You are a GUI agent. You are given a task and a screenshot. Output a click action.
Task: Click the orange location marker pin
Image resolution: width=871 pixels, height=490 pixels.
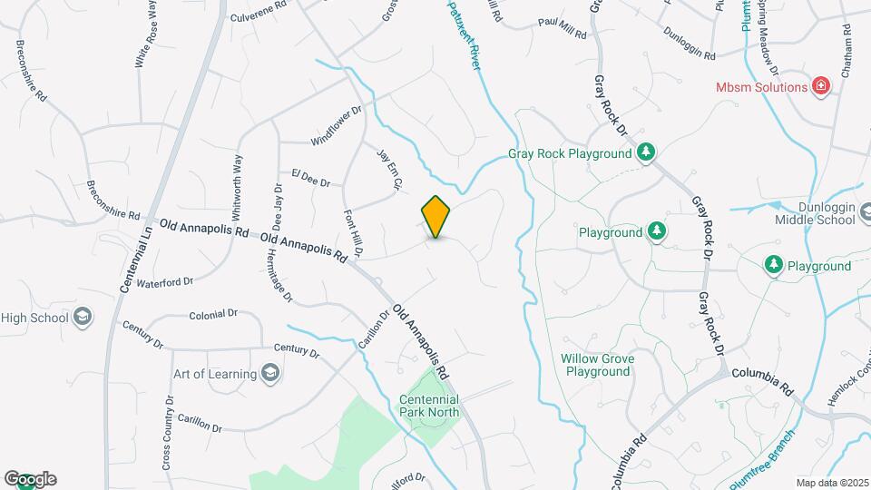pos(436,217)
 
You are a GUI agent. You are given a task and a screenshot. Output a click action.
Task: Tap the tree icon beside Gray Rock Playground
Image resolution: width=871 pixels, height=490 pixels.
pos(646,152)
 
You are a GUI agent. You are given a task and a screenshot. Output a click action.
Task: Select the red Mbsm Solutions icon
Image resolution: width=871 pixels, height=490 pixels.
pos(820,86)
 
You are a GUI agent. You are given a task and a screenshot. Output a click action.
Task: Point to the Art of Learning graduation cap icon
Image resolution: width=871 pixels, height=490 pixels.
pos(269,372)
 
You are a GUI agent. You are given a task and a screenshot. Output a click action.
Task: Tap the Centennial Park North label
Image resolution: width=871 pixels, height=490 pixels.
pos(429,406)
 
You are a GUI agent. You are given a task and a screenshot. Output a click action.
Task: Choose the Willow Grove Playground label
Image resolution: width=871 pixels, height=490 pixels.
pos(597,365)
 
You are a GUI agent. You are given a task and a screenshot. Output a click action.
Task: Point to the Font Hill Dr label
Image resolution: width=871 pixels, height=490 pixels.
pos(354,230)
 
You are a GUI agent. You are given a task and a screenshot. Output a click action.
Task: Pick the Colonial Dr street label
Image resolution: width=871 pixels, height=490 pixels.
pos(213,314)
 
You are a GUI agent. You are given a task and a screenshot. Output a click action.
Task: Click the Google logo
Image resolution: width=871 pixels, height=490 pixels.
pos(30,479)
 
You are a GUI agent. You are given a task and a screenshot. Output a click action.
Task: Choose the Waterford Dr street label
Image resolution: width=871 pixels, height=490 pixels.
pos(164,282)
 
